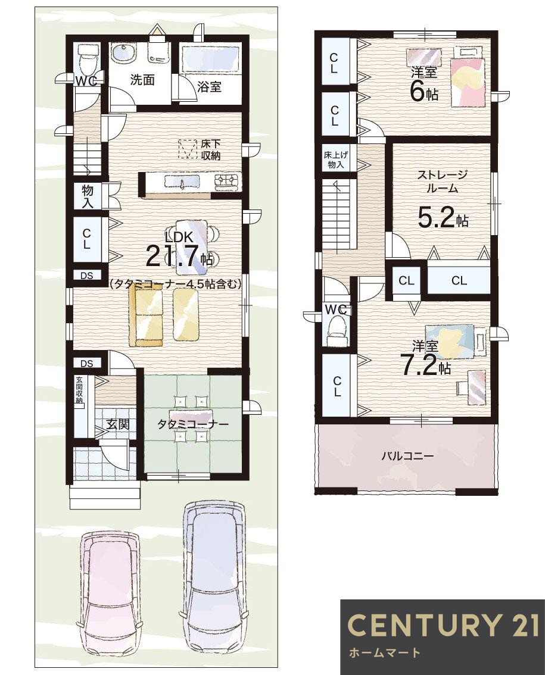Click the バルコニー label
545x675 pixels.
[x=407, y=456]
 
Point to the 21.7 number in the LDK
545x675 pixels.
[x=174, y=255]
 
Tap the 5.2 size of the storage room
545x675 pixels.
[x=437, y=218]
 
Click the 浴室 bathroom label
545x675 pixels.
[x=209, y=87]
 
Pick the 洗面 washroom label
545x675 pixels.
[x=142, y=80]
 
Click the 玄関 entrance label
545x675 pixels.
[x=118, y=424]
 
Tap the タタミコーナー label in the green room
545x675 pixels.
[x=193, y=424]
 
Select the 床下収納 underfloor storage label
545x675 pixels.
[x=210, y=150]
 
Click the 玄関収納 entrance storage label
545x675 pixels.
[x=79, y=391]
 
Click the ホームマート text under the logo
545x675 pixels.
[x=385, y=653]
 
